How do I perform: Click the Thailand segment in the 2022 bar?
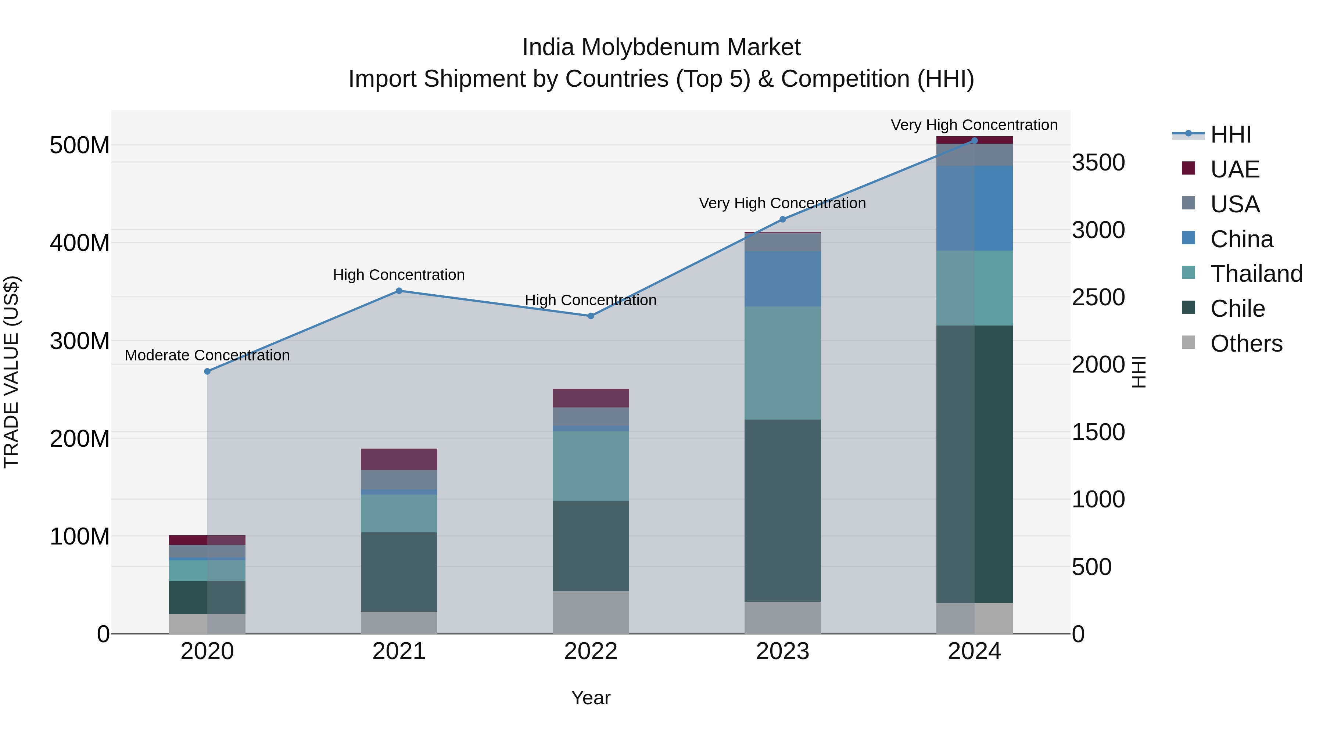[591, 466]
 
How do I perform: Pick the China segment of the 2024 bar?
[974, 208]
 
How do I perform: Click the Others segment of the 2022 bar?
[591, 612]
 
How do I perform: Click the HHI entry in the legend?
[1230, 134]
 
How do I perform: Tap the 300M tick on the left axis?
[80, 341]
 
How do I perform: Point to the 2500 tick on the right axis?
[1098, 297]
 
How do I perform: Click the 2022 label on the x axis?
[591, 651]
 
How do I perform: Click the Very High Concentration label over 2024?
[974, 125]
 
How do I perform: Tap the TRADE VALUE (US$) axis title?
[11, 372]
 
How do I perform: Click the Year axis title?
[591, 698]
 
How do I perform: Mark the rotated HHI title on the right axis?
[1139, 372]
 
